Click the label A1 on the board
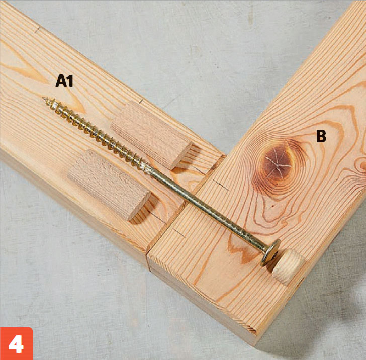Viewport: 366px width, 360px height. pyautogui.click(x=64, y=81)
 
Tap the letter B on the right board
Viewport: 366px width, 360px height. pyautogui.click(x=321, y=136)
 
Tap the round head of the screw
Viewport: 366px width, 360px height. pyautogui.click(x=270, y=252)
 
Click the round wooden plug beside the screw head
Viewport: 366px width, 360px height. pyautogui.click(x=288, y=266)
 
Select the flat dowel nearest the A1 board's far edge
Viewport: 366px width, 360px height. pyautogui.click(x=151, y=135)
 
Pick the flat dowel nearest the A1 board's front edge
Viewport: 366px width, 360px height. pyautogui.click(x=109, y=185)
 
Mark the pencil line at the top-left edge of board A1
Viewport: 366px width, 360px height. pyautogui.click(x=37, y=30)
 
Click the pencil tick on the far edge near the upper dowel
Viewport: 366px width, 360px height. pyautogui.click(x=141, y=101)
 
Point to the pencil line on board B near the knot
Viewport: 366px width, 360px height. pyautogui.click(x=221, y=185)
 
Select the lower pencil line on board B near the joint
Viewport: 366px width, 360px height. pyautogui.click(x=178, y=232)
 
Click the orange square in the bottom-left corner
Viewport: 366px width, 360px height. pyautogui.click(x=16, y=343)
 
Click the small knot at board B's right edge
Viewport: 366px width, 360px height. pyautogui.click(x=362, y=164)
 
